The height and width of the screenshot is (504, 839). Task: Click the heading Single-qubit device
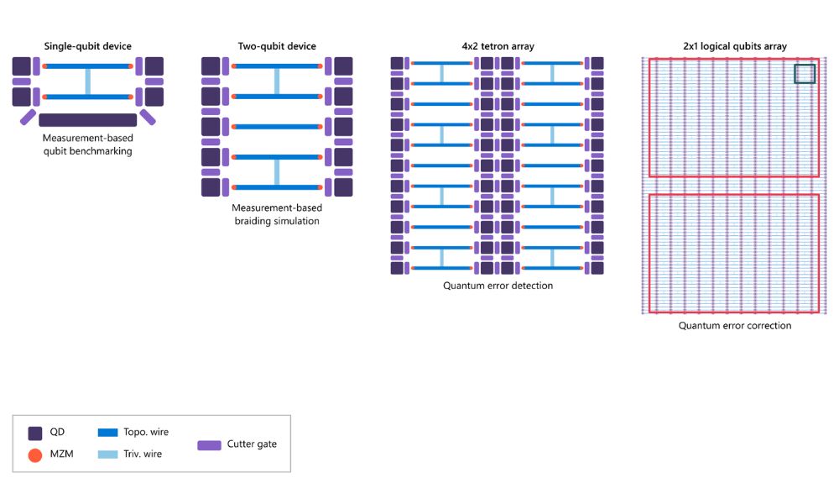pos(88,46)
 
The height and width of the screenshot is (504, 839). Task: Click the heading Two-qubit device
pos(276,46)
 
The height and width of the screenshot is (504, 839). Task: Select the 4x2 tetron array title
pos(498,46)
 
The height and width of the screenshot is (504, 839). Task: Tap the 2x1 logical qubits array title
pos(734,46)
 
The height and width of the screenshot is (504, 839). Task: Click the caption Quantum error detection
pos(498,286)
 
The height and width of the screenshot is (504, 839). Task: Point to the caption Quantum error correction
pos(734,325)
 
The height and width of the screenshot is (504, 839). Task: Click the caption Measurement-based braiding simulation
pos(276,214)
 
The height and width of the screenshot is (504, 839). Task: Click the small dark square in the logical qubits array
pos(805,74)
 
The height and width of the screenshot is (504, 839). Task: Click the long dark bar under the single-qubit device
pos(88,120)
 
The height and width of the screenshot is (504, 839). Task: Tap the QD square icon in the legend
pos(35,433)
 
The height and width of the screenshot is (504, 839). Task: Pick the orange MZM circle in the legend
pos(35,455)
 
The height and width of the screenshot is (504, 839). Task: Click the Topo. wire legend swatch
pos(119,433)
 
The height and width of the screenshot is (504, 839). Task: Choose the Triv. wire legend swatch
pos(119,454)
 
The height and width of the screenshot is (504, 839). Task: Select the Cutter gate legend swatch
pos(209,444)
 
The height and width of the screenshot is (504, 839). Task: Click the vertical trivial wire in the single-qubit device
pos(88,81)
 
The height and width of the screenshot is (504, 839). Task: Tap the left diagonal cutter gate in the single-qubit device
pos(28,117)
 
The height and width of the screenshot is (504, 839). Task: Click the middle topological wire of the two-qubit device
pos(276,127)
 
